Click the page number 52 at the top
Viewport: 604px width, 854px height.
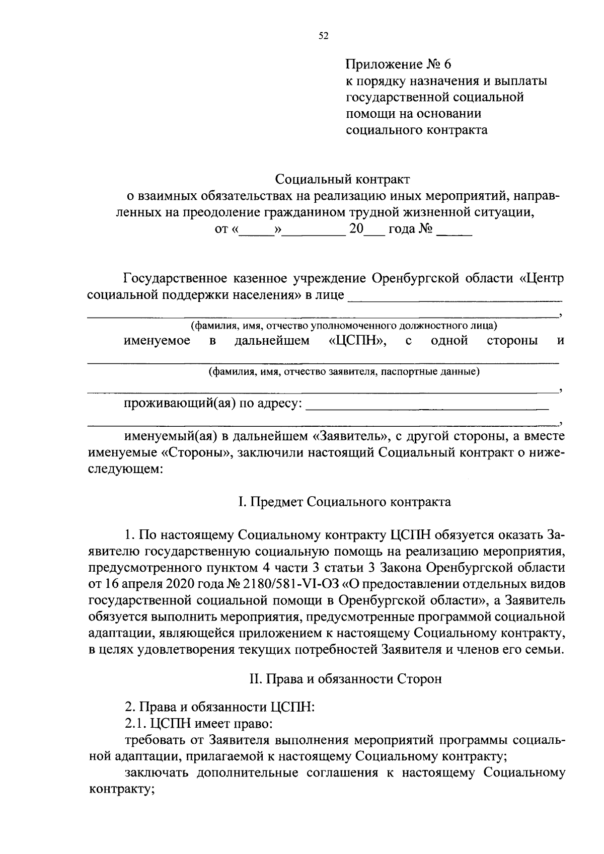[324, 36]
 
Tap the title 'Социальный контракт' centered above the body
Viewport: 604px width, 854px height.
[342, 179]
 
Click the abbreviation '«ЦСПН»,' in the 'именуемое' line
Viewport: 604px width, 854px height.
[358, 341]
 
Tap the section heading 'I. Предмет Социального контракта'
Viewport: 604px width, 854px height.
[344, 502]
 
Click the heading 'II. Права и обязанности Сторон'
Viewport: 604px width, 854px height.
[345, 679]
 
